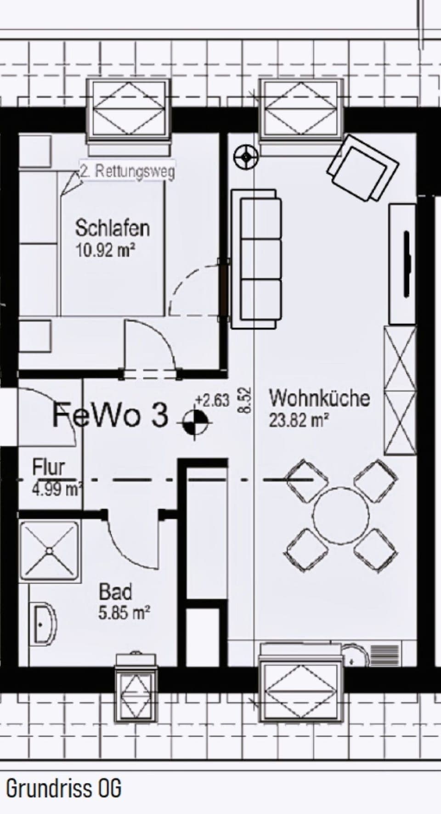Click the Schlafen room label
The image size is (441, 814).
pyautogui.click(x=113, y=228)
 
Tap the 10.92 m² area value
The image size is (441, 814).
pyautogui.click(x=105, y=250)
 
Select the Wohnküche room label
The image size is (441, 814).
pyautogui.click(x=319, y=398)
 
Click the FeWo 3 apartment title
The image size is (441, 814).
pyautogui.click(x=110, y=415)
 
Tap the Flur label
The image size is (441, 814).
pyautogui.click(x=48, y=467)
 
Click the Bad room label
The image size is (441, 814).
pyautogui.click(x=116, y=592)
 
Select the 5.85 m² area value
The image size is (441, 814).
pyautogui.click(x=124, y=613)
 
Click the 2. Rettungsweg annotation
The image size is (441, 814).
pyautogui.click(x=127, y=172)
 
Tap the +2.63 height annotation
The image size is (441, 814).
pyautogui.click(x=212, y=400)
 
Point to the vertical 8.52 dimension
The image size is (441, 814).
pyautogui.click(x=246, y=400)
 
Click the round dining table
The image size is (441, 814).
pyautogui.click(x=341, y=514)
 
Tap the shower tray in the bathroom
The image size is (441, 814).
pyautogui.click(x=49, y=551)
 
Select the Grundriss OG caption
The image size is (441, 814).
pyautogui.click(x=63, y=789)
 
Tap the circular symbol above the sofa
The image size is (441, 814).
pyautogui.click(x=246, y=158)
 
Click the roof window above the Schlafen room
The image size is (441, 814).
pyautogui.click(x=129, y=112)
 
